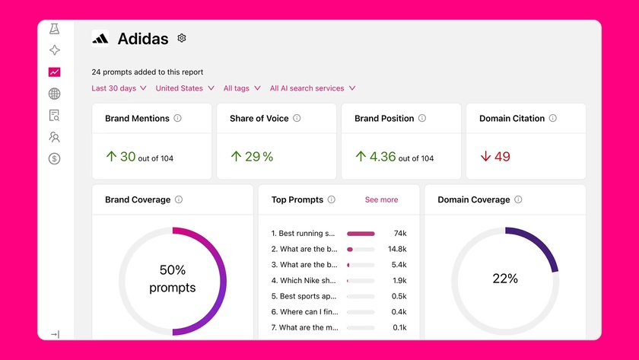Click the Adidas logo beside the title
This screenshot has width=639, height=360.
coord(100,38)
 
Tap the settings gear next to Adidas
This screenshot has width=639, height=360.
coord(182,38)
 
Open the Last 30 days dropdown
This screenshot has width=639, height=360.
coord(119,88)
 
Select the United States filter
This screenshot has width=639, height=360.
coord(184,88)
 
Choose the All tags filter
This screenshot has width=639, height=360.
coord(241,88)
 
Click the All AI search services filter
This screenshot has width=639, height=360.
coord(312,88)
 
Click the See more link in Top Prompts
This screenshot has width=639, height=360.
coord(381,200)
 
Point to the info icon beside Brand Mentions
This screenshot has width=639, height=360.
coord(177,119)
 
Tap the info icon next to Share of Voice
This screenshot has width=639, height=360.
coord(297,119)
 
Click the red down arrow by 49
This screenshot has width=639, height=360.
coord(485,157)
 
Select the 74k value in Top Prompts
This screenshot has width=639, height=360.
coord(399,234)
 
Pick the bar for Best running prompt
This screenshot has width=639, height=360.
coord(361,234)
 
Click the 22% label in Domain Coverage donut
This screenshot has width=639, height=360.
coord(505,279)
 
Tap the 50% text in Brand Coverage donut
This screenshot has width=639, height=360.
coord(173,270)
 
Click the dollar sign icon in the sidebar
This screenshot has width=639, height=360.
coord(54,159)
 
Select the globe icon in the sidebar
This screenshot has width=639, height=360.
coord(54,94)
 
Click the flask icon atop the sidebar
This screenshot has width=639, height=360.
coord(54,29)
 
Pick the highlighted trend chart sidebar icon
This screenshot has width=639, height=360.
coord(54,72)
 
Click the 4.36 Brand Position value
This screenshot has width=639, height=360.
coord(383,157)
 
